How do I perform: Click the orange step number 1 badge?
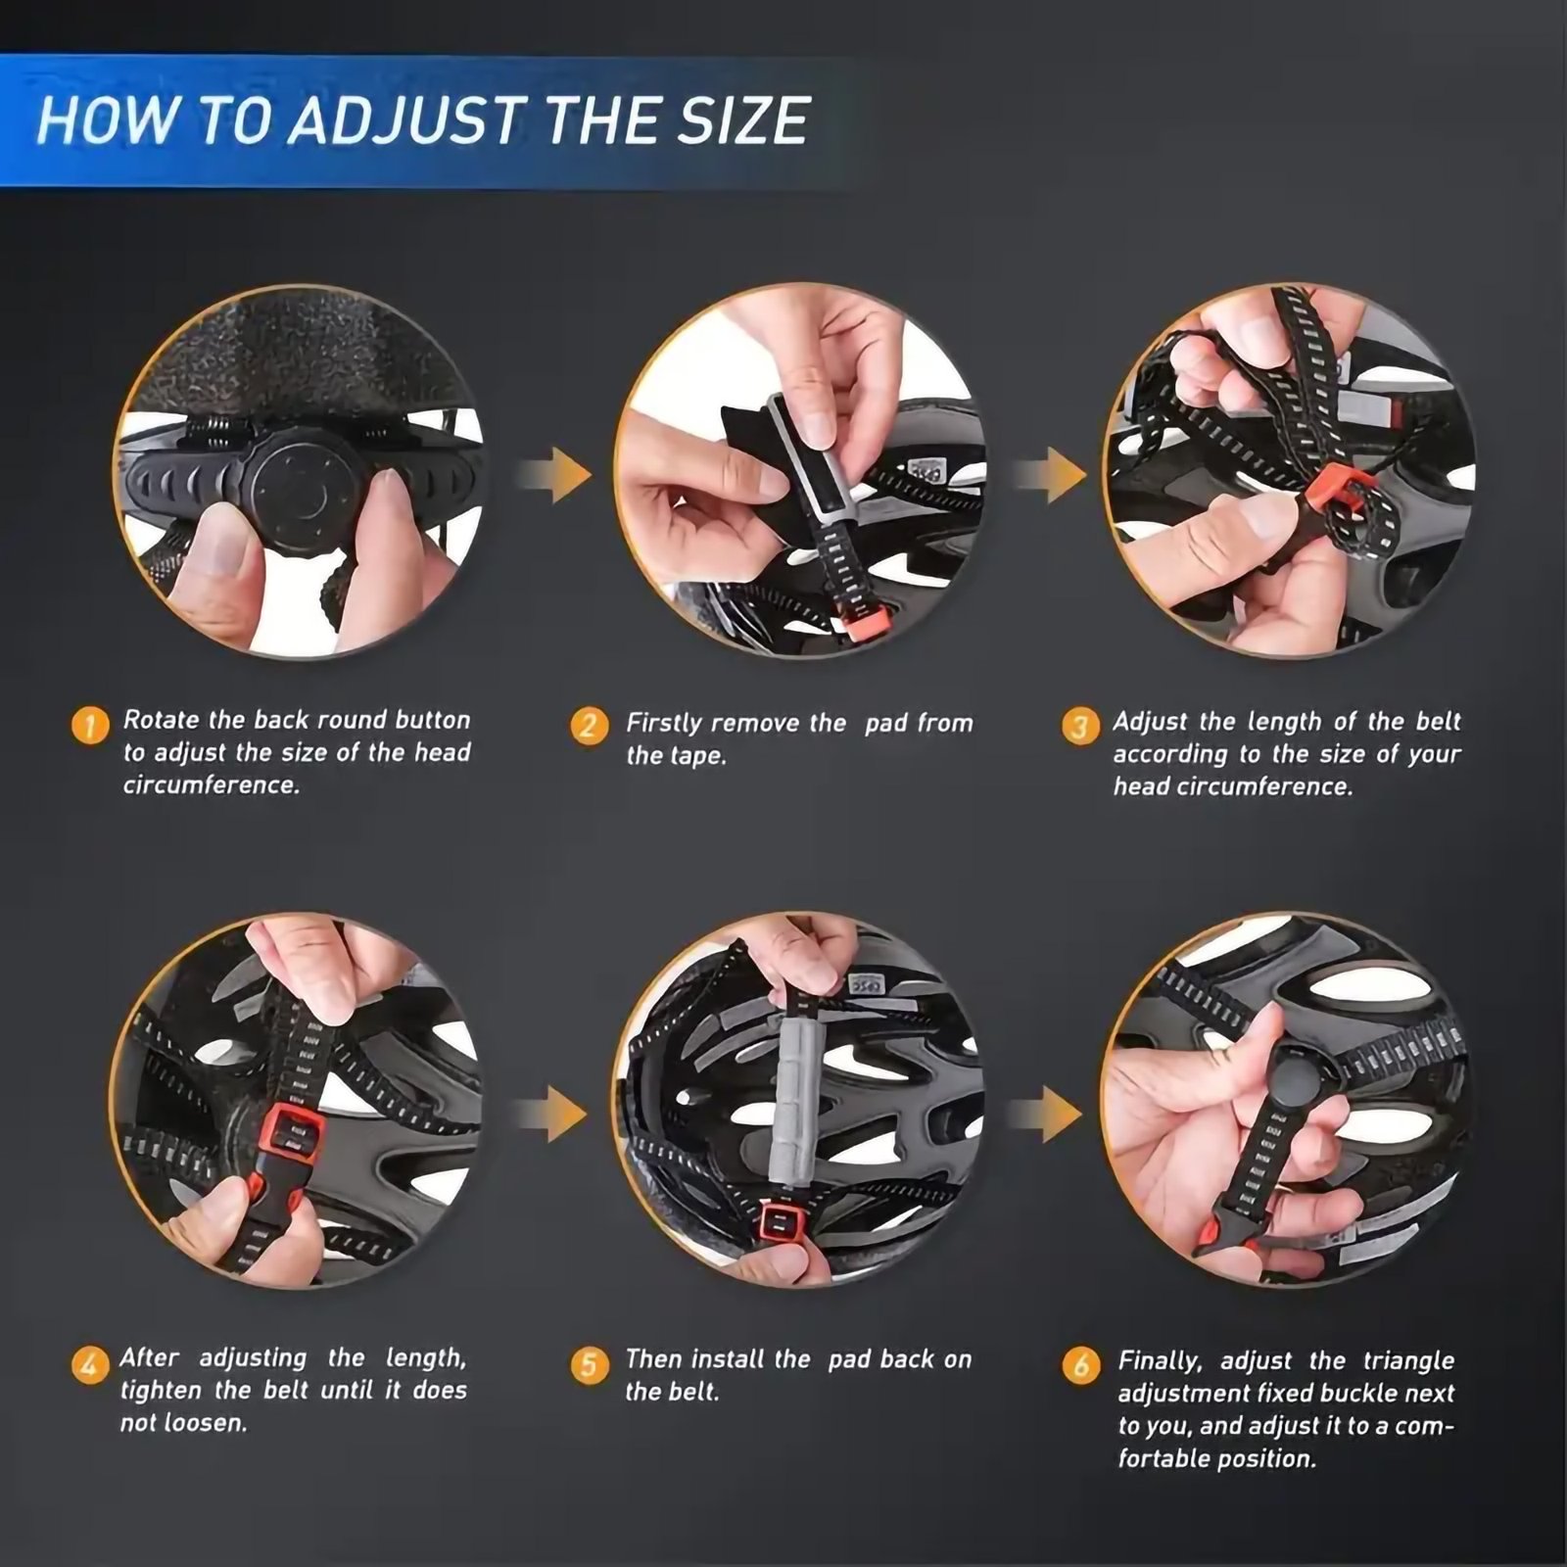pos(90,726)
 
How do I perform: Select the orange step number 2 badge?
pos(589,726)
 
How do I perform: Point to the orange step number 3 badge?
pos(1079,727)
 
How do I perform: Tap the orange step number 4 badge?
pos(90,1363)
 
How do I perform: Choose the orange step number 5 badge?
pos(589,1364)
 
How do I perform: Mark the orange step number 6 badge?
pos(1080,1365)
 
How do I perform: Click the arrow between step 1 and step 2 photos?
pos(555,475)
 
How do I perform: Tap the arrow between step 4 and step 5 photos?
pos(550,1114)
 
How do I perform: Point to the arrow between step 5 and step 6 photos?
pos(1046,1114)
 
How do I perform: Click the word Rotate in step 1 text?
pos(162,720)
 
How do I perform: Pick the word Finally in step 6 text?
pos(1160,1361)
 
